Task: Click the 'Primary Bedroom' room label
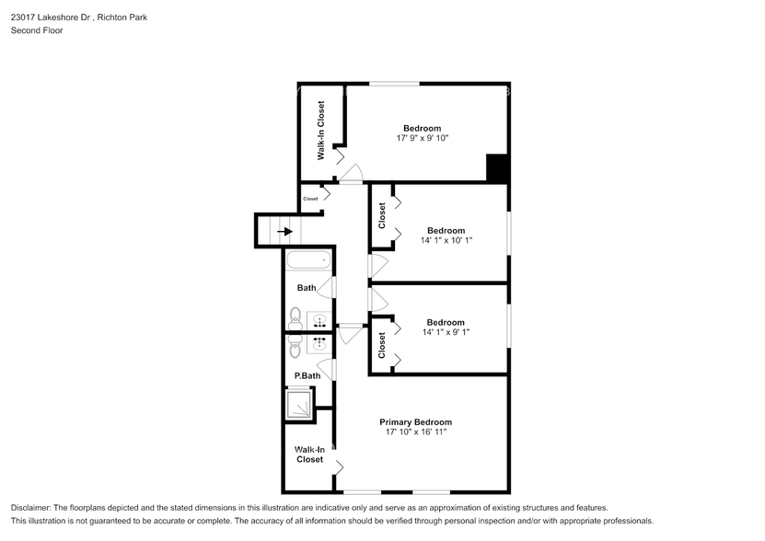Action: coord(416,422)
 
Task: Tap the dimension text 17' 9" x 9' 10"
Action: coord(422,138)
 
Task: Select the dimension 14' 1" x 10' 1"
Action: coord(446,240)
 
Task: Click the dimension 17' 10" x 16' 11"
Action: coord(416,432)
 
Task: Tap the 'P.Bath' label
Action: coord(307,375)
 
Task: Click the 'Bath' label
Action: coord(306,288)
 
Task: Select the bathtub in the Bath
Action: coord(307,261)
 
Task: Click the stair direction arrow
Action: coord(284,232)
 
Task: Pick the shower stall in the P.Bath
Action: coord(299,404)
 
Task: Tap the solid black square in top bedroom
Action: coord(497,168)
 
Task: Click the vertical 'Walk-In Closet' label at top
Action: coord(321,131)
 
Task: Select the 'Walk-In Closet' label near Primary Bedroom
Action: coord(309,455)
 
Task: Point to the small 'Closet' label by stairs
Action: coord(310,199)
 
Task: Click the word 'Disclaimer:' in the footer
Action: coord(34,508)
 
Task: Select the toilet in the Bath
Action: coord(295,319)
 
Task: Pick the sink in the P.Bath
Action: coord(319,345)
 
